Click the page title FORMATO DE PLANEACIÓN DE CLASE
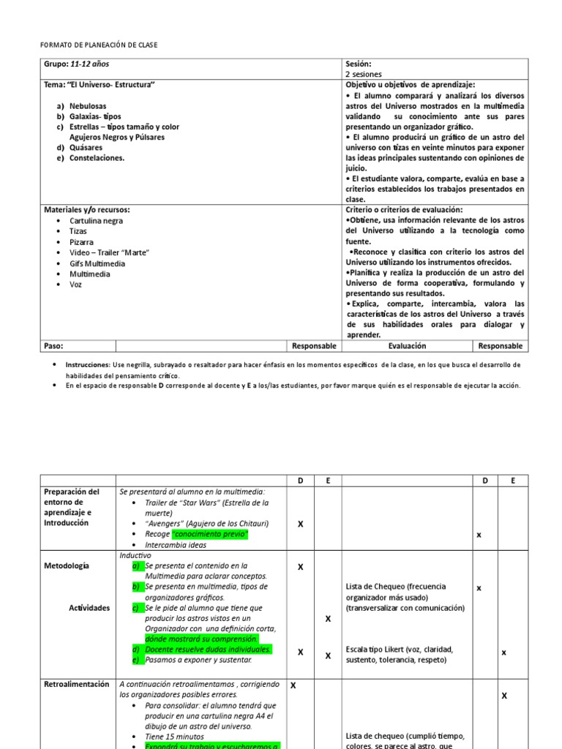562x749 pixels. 99,45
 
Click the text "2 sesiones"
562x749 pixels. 363,75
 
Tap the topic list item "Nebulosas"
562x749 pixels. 89,106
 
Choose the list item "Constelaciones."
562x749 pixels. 97,157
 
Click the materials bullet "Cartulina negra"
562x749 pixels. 96,221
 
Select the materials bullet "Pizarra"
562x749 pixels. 81,242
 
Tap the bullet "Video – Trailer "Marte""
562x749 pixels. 109,252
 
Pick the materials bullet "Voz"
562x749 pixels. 76,285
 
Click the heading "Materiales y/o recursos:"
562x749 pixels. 87,210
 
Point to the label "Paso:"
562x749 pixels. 54,346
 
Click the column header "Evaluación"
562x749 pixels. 407,346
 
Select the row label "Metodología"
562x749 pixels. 67,565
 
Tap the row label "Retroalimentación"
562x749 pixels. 77,684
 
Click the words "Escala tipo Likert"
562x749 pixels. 377,649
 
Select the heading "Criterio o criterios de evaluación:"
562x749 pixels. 404,210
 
